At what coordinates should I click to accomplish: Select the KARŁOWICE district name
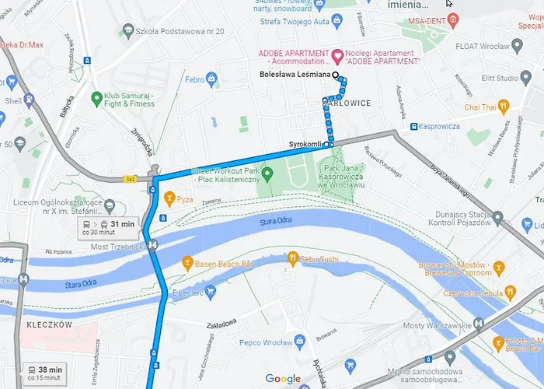tap(346, 103)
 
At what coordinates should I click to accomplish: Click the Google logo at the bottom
tap(283, 379)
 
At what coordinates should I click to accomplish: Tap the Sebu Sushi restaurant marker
tap(292, 257)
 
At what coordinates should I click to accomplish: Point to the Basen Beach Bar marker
tap(187, 262)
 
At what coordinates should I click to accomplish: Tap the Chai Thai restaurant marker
tap(504, 107)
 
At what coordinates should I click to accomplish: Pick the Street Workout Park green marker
tap(267, 173)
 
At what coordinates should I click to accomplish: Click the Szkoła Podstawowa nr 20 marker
tap(127, 31)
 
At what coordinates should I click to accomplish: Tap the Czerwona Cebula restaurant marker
tap(511, 293)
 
